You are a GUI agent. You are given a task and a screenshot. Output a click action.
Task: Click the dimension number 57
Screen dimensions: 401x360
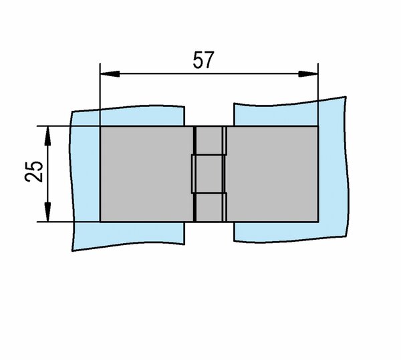point(203,60)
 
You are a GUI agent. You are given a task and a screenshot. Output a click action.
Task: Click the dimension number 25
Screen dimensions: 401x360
point(34,172)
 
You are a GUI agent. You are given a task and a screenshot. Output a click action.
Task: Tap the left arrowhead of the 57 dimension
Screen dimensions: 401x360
point(110,74)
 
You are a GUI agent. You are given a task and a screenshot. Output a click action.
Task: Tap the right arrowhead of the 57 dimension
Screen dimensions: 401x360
point(308,74)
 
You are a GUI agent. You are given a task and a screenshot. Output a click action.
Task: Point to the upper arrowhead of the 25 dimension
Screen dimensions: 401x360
point(47,136)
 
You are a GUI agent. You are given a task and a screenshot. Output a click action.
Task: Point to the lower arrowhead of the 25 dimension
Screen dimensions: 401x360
point(47,212)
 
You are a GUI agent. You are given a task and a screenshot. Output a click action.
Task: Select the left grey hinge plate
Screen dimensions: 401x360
point(147,174)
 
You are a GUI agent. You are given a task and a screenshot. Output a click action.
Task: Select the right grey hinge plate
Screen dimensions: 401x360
point(273,174)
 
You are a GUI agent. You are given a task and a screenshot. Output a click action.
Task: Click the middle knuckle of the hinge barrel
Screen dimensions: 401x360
point(208,174)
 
